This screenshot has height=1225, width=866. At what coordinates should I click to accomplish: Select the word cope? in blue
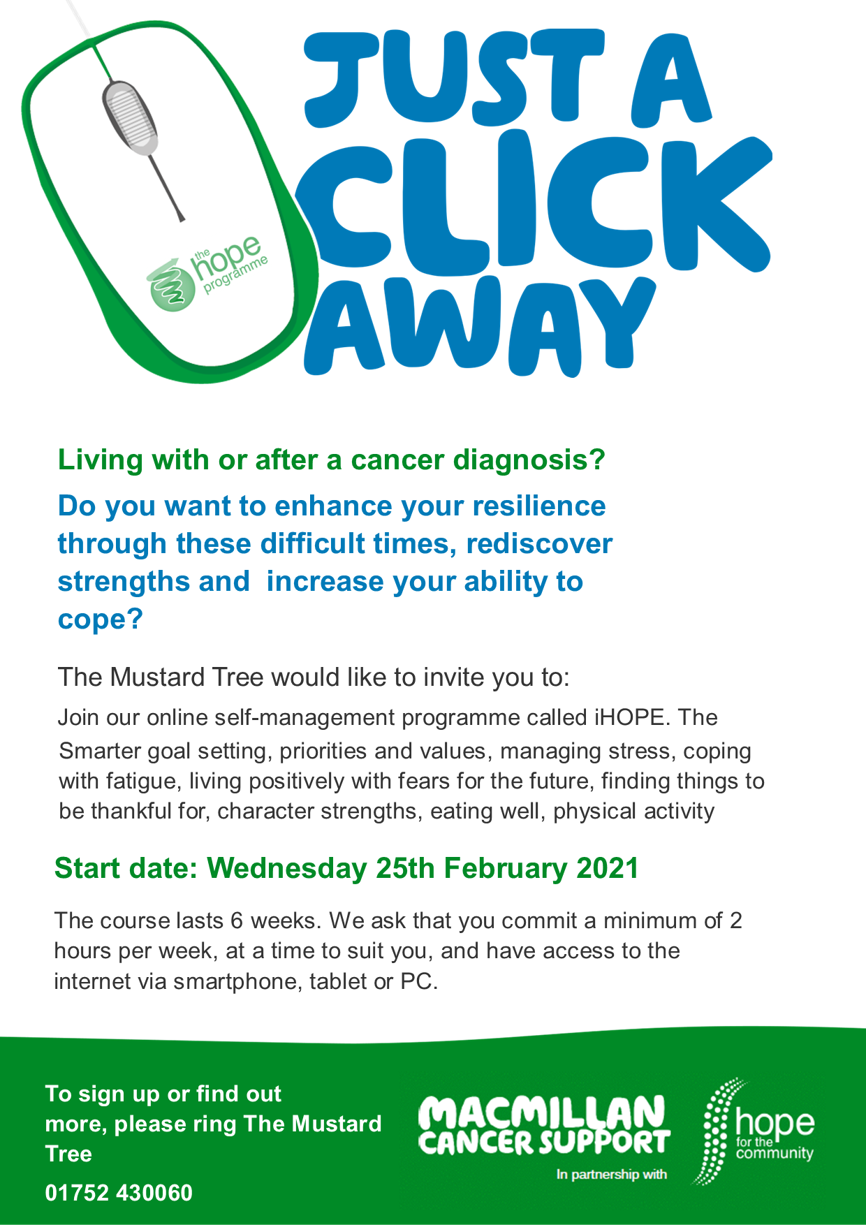click(100, 620)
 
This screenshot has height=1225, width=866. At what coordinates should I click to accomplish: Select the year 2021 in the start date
click(608, 868)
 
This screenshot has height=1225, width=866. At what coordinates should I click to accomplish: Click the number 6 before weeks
click(237, 920)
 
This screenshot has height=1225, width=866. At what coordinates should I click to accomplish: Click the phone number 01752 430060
click(119, 1193)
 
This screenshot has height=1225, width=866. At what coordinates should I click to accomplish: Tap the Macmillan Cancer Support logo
click(545, 1124)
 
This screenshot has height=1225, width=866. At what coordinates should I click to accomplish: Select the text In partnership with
click(612, 1175)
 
